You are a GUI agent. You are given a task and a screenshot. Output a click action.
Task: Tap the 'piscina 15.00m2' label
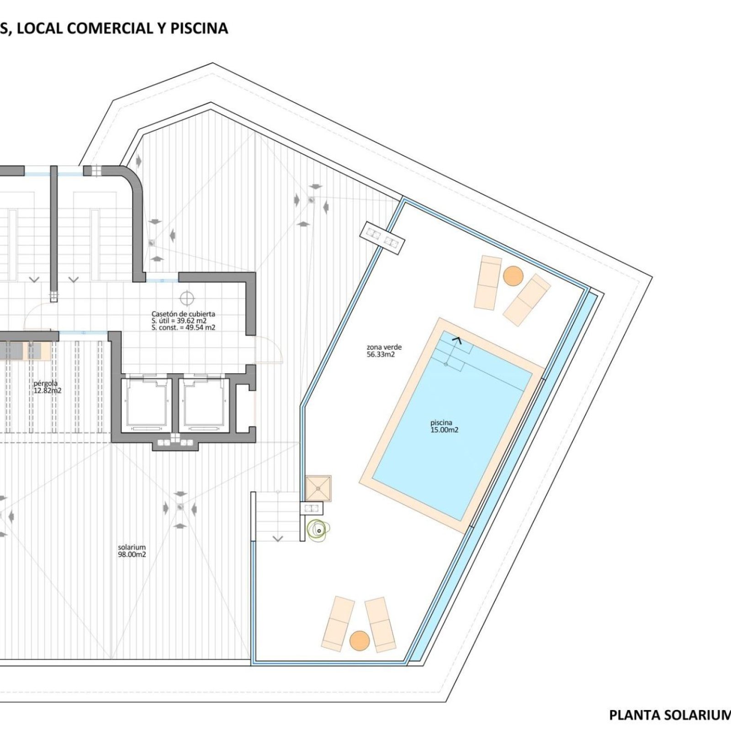[444, 426]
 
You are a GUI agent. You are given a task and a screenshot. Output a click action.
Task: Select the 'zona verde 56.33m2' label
[384, 351]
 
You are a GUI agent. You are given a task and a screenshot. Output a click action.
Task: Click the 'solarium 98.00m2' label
[132, 551]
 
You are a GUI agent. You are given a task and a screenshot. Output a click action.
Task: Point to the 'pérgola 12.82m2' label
[47, 387]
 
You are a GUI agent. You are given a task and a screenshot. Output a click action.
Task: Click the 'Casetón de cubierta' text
[183, 314]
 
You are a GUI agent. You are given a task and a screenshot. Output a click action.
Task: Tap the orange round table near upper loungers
[513, 276]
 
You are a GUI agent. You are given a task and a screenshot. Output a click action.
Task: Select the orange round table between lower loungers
[360, 641]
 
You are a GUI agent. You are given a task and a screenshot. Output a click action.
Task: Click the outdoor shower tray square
[318, 488]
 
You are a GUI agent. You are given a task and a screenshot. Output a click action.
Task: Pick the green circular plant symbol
[318, 530]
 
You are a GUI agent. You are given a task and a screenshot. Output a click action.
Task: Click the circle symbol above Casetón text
[187, 298]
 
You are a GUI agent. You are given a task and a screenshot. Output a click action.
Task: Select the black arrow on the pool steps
[456, 339]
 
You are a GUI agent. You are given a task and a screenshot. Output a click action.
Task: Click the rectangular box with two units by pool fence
[382, 238]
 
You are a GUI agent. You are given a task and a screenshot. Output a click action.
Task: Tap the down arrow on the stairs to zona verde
[277, 539]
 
